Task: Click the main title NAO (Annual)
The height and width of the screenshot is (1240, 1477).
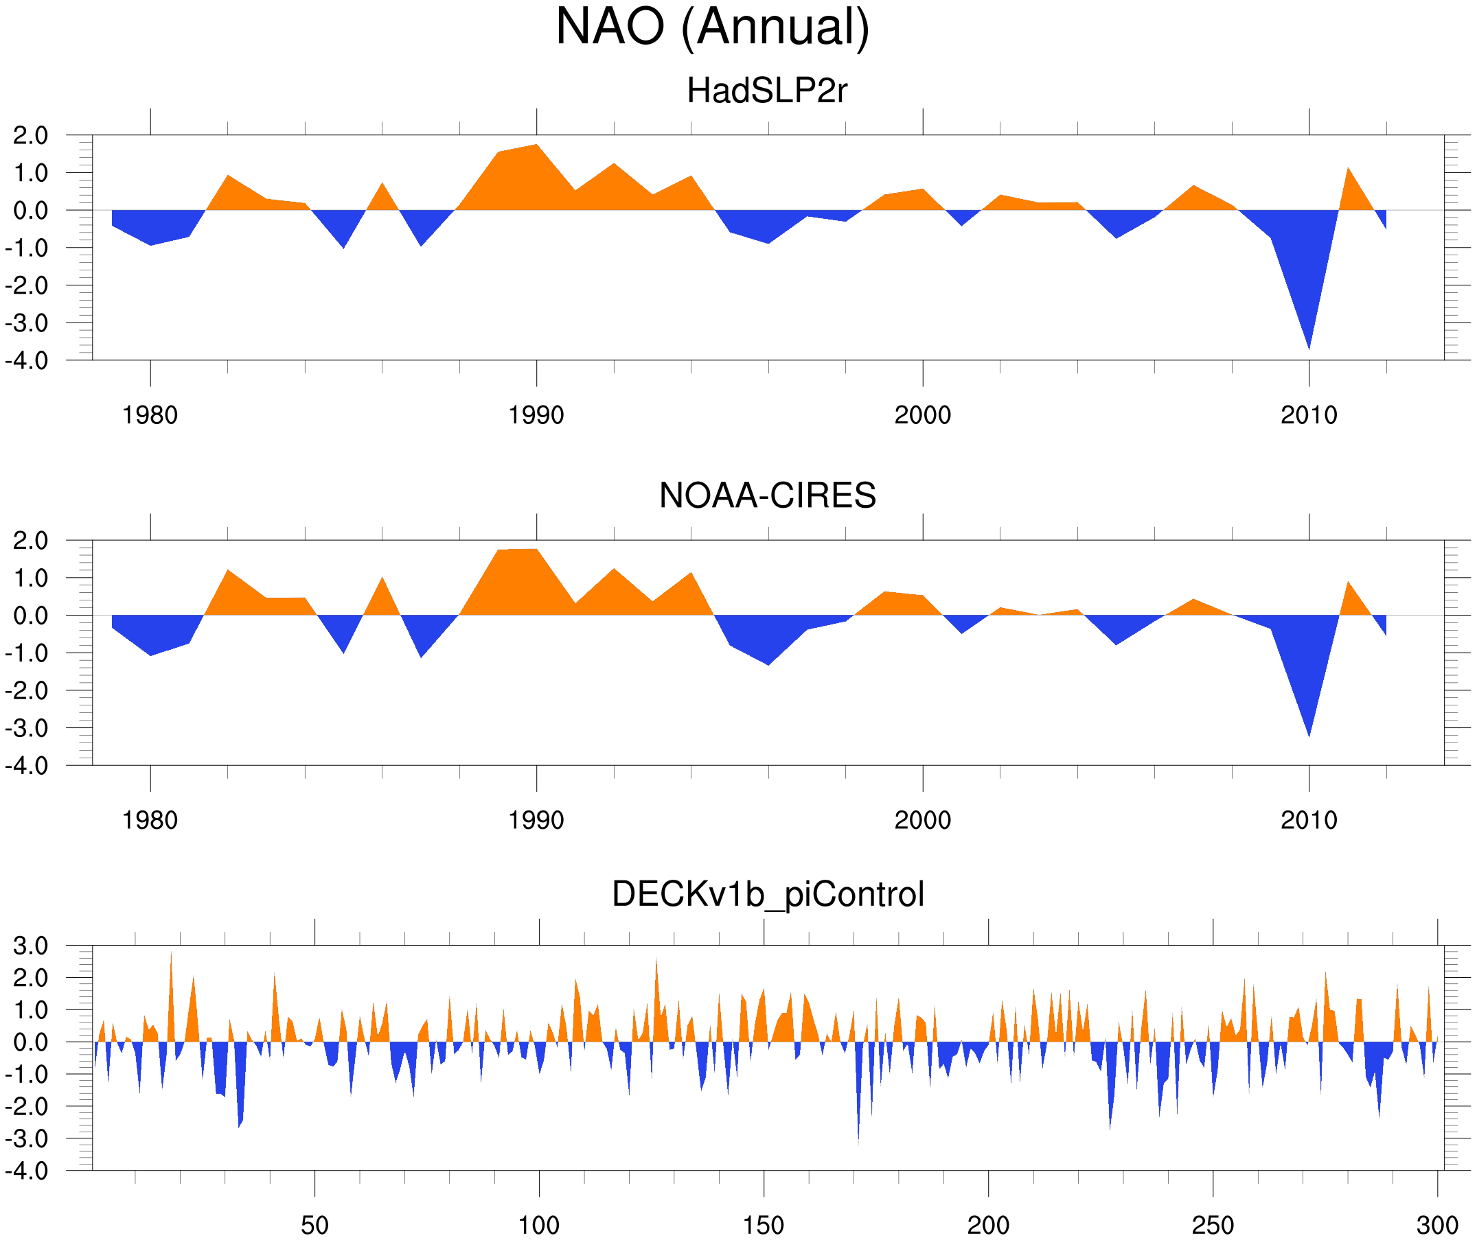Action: click(712, 28)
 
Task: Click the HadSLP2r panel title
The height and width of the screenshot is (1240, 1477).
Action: click(767, 91)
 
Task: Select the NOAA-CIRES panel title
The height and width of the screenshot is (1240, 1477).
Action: click(767, 495)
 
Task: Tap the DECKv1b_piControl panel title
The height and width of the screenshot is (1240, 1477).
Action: click(767, 894)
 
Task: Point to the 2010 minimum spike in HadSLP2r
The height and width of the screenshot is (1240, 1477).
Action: click(1309, 344)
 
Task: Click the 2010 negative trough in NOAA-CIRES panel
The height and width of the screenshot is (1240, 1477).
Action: click(1309, 731)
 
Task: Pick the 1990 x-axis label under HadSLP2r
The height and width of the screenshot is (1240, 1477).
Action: click(536, 415)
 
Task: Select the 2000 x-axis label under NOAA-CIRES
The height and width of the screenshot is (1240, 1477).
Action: click(922, 820)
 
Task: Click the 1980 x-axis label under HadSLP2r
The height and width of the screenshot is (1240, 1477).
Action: click(150, 415)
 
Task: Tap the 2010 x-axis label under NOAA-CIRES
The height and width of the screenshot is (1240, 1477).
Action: click(1308, 820)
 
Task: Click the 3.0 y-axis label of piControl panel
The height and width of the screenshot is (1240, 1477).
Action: click(31, 946)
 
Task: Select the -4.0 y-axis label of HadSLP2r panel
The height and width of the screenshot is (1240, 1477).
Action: click(27, 362)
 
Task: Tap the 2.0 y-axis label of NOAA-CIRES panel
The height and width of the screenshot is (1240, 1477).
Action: click(31, 541)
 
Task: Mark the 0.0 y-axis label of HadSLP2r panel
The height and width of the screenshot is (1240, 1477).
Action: click(31, 210)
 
